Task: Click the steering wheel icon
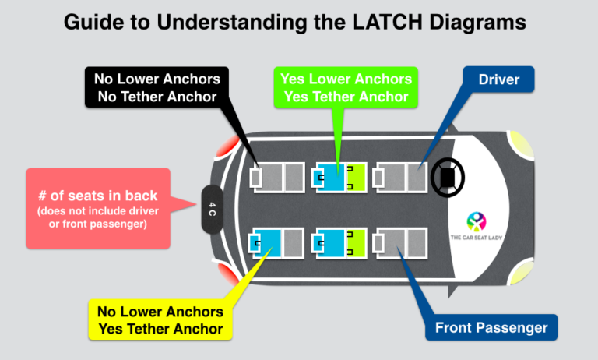(x=448, y=178)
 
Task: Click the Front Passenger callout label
(x=491, y=327)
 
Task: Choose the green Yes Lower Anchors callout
(x=346, y=86)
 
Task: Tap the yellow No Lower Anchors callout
(x=160, y=319)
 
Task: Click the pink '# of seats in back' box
(x=98, y=208)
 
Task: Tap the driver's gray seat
(x=401, y=178)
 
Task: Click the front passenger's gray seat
(x=401, y=243)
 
